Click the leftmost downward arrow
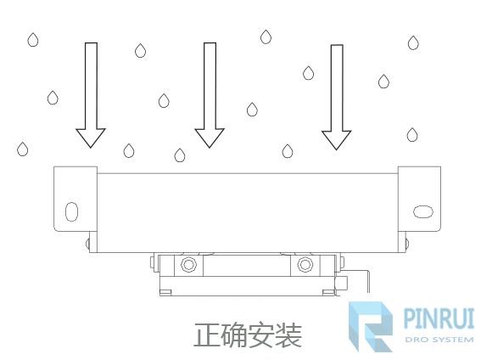(x=91, y=95)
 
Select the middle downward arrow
(x=210, y=95)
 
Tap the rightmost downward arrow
(x=337, y=98)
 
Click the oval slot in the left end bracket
(x=71, y=211)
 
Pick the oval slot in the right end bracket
(x=423, y=211)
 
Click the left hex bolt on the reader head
(x=188, y=264)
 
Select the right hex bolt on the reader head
(x=305, y=264)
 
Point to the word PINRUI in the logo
(x=439, y=318)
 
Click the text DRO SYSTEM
(x=439, y=340)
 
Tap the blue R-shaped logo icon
(x=371, y=327)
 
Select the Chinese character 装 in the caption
(x=288, y=335)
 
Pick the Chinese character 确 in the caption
(x=234, y=335)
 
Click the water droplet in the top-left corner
(x=33, y=40)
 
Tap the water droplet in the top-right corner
(x=413, y=42)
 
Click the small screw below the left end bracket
(x=87, y=244)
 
